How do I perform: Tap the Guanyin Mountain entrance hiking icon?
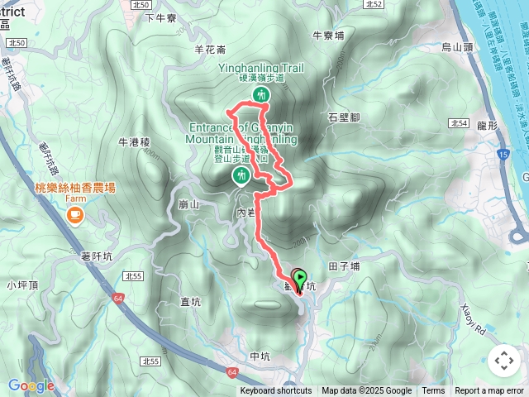(241, 175)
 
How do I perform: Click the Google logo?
(31, 385)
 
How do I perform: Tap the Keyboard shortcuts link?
(275, 391)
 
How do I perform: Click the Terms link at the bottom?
(433, 391)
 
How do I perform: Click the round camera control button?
(503, 360)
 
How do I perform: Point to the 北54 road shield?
(460, 123)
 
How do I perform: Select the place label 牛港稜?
(133, 142)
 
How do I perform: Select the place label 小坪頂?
(22, 285)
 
